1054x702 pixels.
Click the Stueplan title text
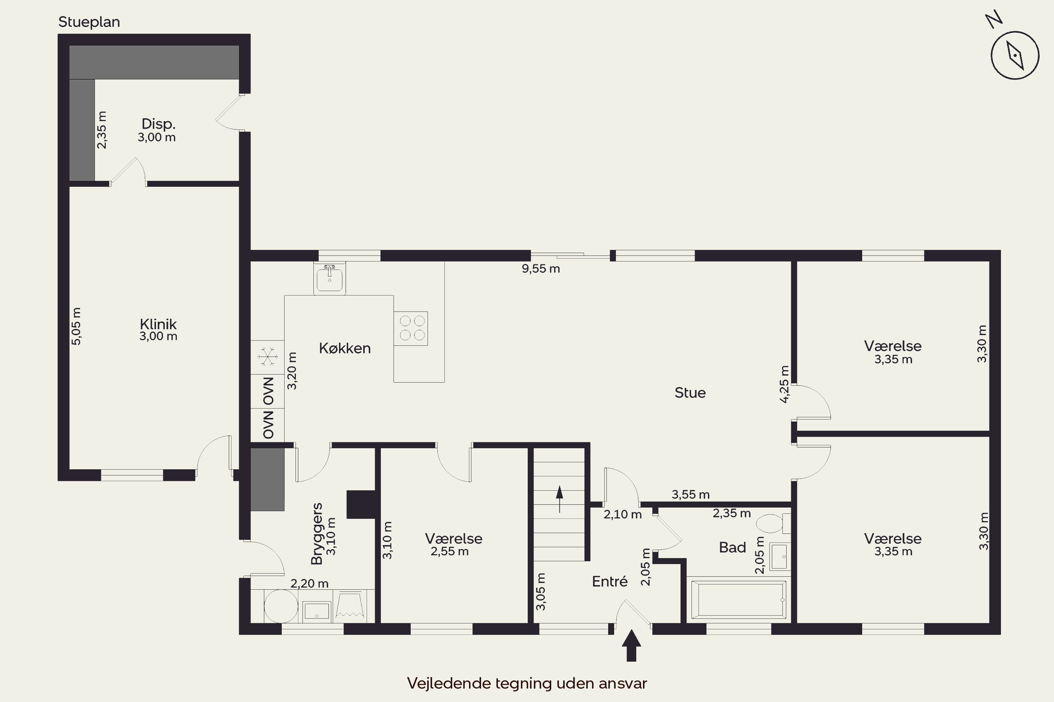point(89,22)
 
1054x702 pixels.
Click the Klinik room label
point(158,324)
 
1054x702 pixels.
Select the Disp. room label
point(158,124)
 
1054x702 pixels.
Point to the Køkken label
point(345,348)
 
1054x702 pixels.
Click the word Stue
point(690,393)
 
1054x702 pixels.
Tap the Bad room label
point(732,547)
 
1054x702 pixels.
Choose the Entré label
point(610,581)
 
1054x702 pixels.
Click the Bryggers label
point(317,534)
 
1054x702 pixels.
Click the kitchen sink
point(330,278)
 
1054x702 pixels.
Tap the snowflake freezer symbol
point(267,357)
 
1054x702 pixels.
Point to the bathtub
point(739,600)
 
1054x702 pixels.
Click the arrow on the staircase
point(560,499)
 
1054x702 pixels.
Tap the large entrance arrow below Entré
point(631,645)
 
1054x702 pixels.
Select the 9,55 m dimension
point(541,269)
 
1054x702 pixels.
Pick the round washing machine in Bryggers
point(281,606)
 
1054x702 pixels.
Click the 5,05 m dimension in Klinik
point(77,326)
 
